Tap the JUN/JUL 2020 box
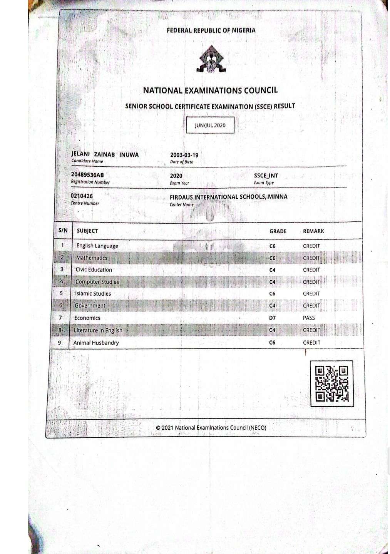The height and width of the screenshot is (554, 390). coord(210,125)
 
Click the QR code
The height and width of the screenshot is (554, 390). coord(331,383)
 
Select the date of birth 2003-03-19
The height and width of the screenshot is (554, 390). coord(184,155)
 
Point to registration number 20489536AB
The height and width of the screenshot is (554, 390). coord(87,175)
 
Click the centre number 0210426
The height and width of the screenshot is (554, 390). coord(82,196)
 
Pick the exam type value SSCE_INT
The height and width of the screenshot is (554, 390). coord(266,176)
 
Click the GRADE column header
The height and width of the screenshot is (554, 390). coord(278,231)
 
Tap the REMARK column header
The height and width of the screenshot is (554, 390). coord(313,231)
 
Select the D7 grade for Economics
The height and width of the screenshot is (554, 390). coord(272,318)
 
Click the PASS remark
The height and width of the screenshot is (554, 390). coord(309,318)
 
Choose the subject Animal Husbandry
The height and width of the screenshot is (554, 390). coord(96,343)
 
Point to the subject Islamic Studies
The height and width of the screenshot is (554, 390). coord(93,294)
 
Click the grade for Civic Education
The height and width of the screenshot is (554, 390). coord(272,270)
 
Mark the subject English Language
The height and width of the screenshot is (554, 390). coord(97,246)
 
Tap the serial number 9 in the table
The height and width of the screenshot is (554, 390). coord(59,342)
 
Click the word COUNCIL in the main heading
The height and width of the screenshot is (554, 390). coord(260,90)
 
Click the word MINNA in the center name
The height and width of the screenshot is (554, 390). coord(278,197)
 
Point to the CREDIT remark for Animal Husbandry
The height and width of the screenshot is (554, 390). coord(311,343)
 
